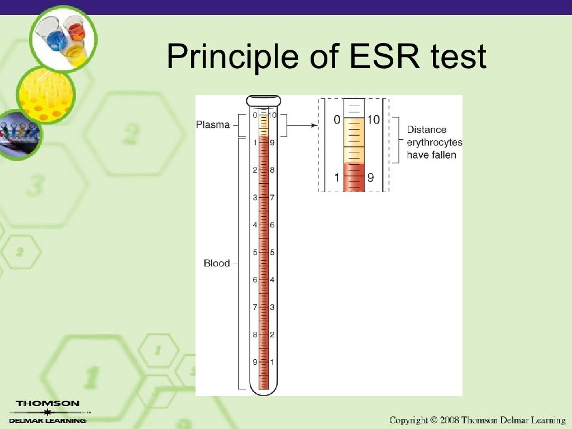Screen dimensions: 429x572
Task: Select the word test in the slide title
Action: [x=457, y=57]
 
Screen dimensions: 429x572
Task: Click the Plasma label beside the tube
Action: [x=213, y=125]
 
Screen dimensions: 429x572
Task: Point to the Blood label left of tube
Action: [x=217, y=263]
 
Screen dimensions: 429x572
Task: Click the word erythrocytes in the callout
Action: [x=435, y=142]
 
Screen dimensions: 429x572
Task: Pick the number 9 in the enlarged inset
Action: [x=370, y=179]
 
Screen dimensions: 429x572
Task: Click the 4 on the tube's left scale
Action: [x=255, y=225]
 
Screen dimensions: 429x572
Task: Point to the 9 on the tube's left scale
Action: [x=255, y=362]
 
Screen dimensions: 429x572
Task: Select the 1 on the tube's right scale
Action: [x=273, y=362]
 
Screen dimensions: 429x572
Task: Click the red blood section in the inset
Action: [x=354, y=177]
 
